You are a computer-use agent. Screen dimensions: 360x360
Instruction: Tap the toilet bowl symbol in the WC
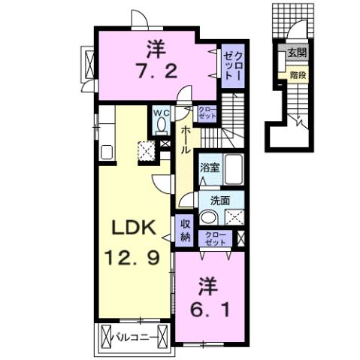click(x=161, y=129)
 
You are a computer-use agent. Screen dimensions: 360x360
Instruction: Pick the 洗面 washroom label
click(x=219, y=201)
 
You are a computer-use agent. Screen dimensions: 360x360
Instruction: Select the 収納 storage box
click(x=185, y=231)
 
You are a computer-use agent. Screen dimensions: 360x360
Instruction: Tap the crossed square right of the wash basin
click(x=234, y=217)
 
